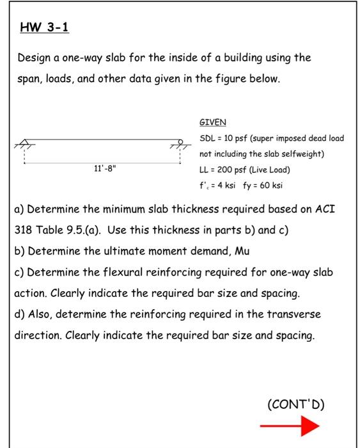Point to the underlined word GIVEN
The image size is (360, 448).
[213, 122]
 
